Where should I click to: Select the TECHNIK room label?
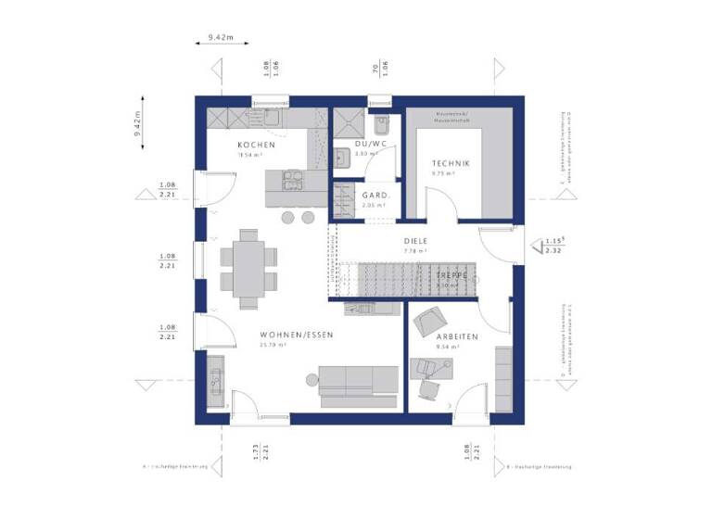coord(451,163)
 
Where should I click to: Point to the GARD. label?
coord(375,196)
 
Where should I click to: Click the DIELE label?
coord(414,239)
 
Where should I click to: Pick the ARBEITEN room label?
coord(457,336)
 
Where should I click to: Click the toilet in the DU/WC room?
coord(382,126)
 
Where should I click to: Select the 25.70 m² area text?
coord(273,345)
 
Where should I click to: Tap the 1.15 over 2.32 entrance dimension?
coord(554,246)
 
